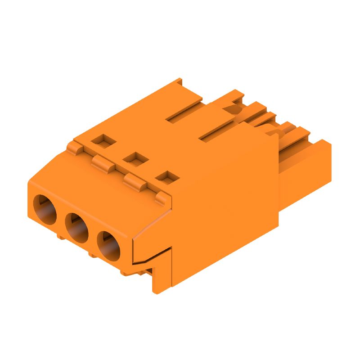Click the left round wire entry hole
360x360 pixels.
click(44, 209)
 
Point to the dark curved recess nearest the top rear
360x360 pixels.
click(234, 107)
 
